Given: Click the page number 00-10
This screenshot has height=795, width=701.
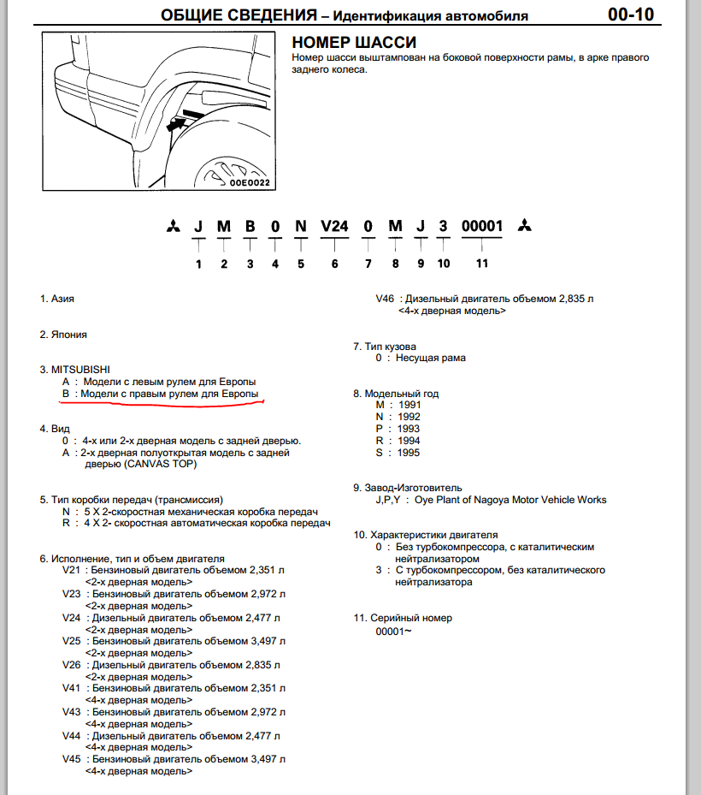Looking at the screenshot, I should pyautogui.click(x=631, y=15).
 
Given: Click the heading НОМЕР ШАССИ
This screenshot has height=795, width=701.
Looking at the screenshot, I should pyautogui.click(x=354, y=43).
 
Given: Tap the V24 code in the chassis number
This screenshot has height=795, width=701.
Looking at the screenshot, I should pyautogui.click(x=335, y=227).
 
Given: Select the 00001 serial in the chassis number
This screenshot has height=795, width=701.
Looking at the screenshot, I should pyautogui.click(x=482, y=227).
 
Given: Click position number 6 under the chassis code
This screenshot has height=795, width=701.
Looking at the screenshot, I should pyautogui.click(x=335, y=264).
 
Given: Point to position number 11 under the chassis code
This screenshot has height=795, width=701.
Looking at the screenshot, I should pyautogui.click(x=482, y=264).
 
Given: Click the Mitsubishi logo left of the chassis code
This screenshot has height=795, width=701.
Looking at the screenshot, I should pyautogui.click(x=173, y=228).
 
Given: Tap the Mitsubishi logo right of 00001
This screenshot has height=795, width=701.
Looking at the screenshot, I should pyautogui.click(x=524, y=227).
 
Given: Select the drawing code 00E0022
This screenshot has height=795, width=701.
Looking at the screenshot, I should pyautogui.click(x=249, y=182).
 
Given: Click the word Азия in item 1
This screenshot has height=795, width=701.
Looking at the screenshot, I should pyautogui.click(x=62, y=299).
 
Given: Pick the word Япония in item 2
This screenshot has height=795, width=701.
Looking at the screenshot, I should pyautogui.click(x=68, y=335).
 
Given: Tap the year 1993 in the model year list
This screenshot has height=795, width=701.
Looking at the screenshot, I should pyautogui.click(x=409, y=429).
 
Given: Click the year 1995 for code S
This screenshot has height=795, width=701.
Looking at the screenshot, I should pyautogui.click(x=409, y=453).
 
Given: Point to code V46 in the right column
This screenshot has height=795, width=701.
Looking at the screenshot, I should pyautogui.click(x=385, y=300).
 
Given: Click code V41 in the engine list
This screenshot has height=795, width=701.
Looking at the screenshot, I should pyautogui.click(x=72, y=687).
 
